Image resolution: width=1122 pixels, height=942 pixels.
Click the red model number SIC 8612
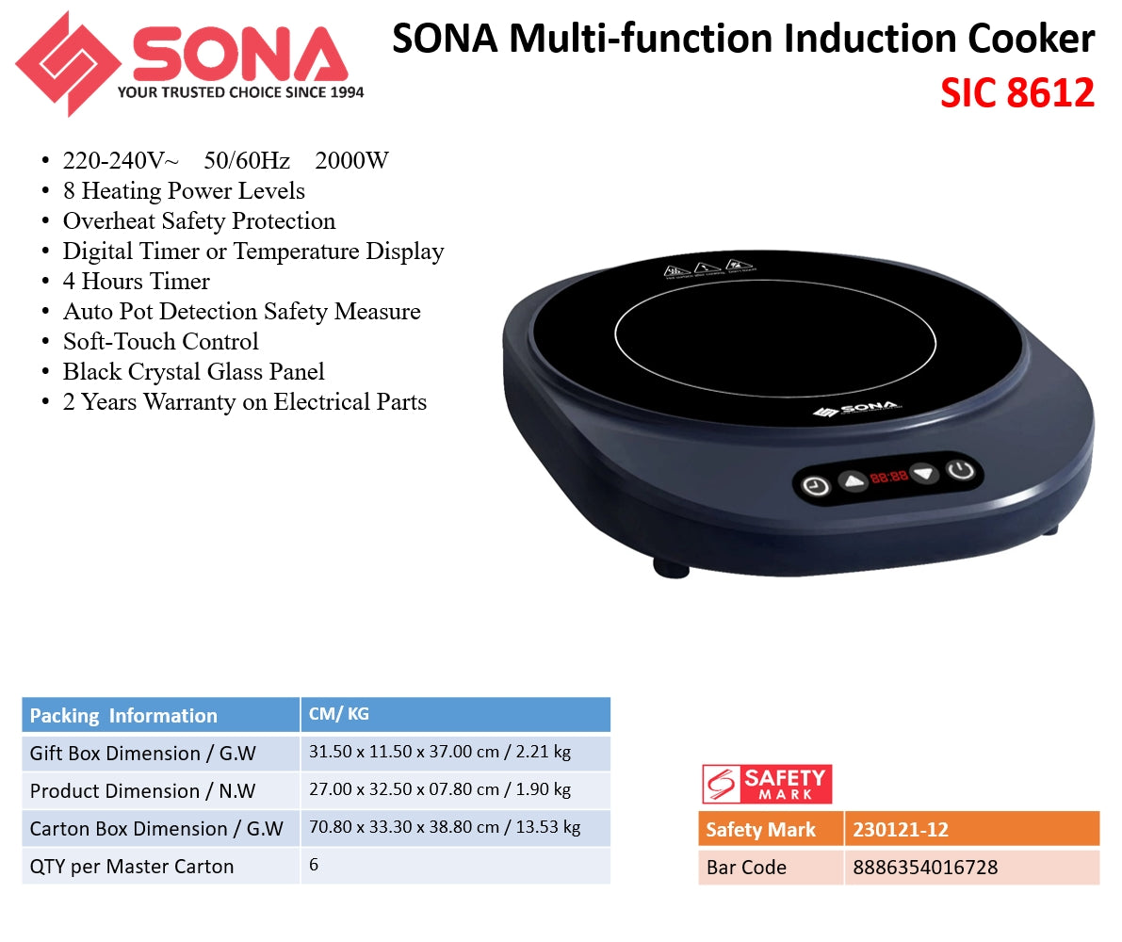(x=1016, y=93)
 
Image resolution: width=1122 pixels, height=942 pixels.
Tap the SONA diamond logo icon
(x=68, y=64)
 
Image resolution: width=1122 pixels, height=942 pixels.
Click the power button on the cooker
(x=960, y=470)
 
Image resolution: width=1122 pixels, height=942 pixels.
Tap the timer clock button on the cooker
(x=816, y=486)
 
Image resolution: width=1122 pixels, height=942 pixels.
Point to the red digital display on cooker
(x=888, y=478)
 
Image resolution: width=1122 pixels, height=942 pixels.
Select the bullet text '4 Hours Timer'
(x=136, y=282)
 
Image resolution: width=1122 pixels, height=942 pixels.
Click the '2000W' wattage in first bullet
(x=351, y=161)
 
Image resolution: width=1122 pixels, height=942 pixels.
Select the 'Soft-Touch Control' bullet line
(x=160, y=342)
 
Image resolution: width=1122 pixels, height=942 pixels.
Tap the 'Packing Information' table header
(x=123, y=716)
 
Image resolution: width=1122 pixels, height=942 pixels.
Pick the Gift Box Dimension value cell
(x=440, y=753)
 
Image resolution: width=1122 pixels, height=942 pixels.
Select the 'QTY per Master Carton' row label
(x=132, y=867)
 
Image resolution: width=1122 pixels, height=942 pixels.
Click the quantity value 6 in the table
(x=314, y=865)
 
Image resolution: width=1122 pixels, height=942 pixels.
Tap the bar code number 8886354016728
(x=925, y=867)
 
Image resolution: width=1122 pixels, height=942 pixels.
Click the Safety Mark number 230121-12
(x=900, y=830)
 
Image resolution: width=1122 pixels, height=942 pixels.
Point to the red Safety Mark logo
(x=767, y=783)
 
